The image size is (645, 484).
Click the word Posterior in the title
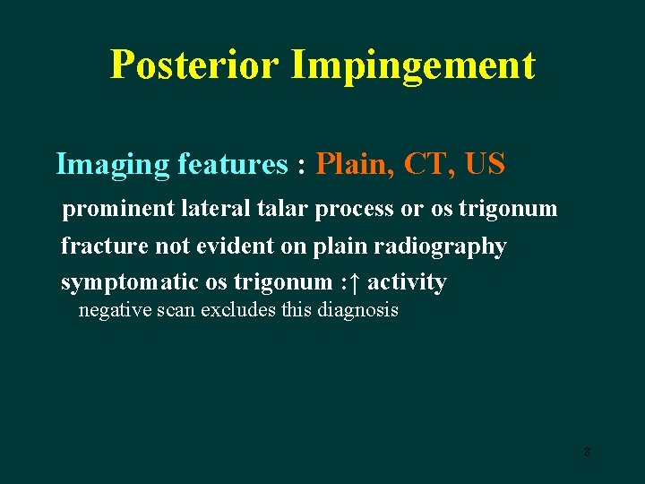[194, 65]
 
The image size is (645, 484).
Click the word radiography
[445, 246]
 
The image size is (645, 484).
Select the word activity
[407, 282]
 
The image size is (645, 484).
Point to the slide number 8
[587, 452]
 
